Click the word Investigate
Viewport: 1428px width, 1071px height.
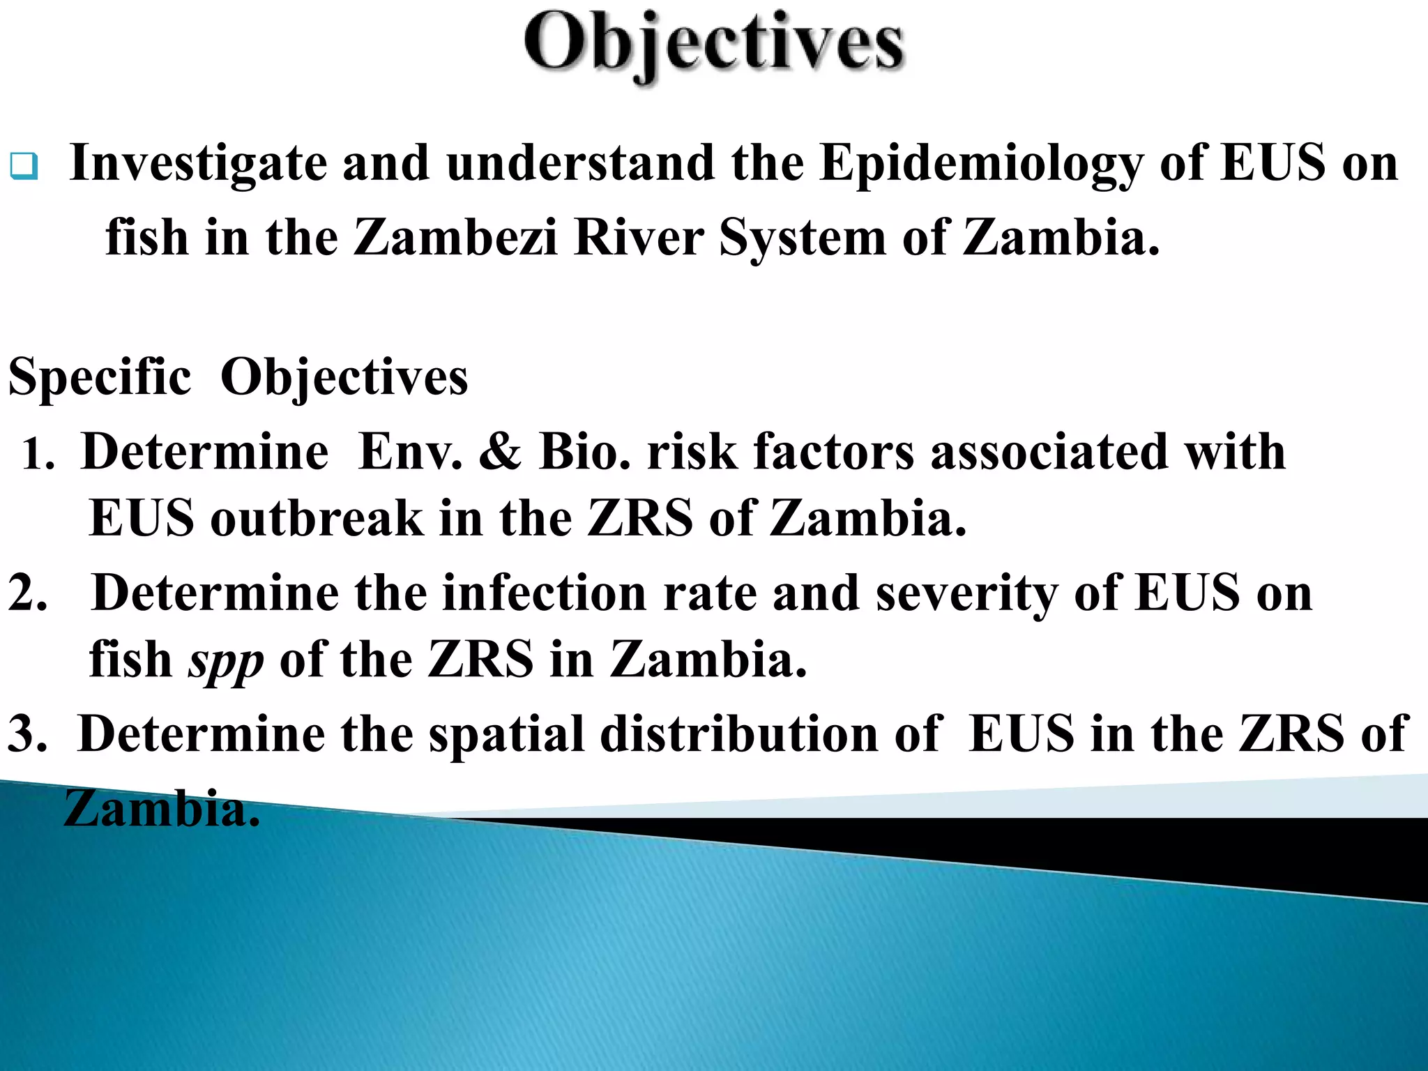(x=198, y=163)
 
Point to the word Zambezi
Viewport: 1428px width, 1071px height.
(x=455, y=238)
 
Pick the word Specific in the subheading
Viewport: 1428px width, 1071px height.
(x=100, y=377)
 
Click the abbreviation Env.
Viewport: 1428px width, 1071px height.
(x=410, y=452)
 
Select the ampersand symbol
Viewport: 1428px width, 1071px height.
(x=500, y=452)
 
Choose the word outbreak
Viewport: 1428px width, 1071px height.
(x=317, y=519)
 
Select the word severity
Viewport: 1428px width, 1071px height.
(x=966, y=593)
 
